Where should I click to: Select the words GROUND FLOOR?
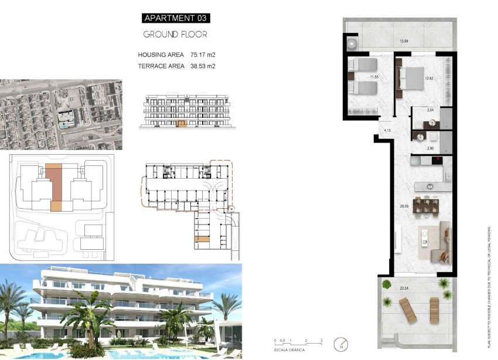coord(175,35)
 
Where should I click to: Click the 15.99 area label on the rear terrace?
coord(404,41)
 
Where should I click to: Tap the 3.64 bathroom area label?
coord(430,110)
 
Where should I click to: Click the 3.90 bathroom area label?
coord(430,148)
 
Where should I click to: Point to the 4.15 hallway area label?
coord(387,130)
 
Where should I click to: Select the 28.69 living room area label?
coord(403,206)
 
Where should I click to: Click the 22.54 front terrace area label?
coord(404,288)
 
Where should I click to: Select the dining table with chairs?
coord(426,206)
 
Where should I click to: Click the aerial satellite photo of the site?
coord(61,114)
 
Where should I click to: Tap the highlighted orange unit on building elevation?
coord(182,124)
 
